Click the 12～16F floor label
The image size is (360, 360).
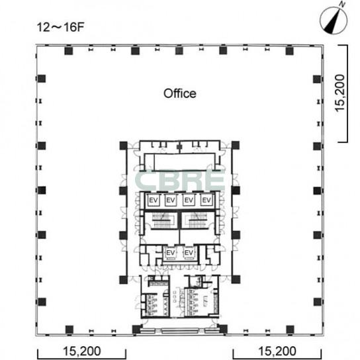point(60,27)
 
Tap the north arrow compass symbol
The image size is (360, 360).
point(334,21)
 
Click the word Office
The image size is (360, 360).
point(180,93)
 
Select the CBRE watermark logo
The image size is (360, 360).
point(180,181)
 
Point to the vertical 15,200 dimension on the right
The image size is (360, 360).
point(340,93)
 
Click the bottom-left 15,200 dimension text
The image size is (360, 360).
point(82,351)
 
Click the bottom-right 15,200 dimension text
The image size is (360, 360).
point(277,351)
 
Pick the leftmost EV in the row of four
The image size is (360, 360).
point(154,201)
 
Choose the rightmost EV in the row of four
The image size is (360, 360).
point(206,201)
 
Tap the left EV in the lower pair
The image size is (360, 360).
point(170,253)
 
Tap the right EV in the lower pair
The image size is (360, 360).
point(189,253)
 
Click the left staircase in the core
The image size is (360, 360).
point(162,220)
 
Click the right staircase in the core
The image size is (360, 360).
point(197,220)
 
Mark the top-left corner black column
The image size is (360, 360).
point(68,51)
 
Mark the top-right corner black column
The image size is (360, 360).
point(289,51)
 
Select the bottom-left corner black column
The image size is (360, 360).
point(69,330)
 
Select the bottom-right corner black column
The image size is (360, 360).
point(290,330)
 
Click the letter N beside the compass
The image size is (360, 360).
point(342,5)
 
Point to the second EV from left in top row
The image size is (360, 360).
point(170,201)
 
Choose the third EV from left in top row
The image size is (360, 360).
point(189,201)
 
